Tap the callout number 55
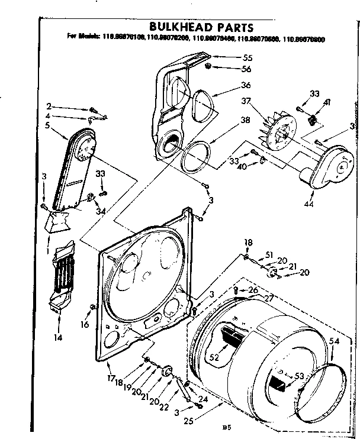[246, 59]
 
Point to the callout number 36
[246, 85]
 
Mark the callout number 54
[335, 341]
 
